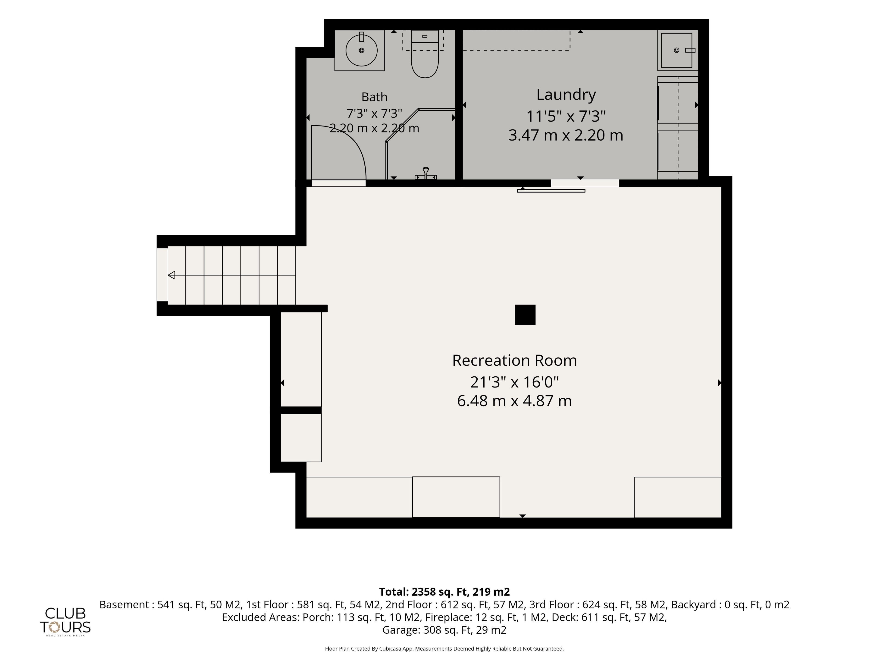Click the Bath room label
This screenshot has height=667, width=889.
point(374,97)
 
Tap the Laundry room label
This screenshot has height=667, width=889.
point(566,94)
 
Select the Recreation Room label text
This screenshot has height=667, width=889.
point(514,360)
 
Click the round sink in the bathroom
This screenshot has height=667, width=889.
point(361,50)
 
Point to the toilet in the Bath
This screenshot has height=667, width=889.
point(425,54)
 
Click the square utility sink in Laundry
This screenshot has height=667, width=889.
point(677,50)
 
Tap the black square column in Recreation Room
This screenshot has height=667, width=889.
point(525,315)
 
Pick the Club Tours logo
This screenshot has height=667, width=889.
point(65,621)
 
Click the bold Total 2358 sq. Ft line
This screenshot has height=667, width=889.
point(444,592)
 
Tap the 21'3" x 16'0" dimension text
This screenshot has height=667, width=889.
point(514,382)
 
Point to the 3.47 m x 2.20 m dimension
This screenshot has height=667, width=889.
point(566,135)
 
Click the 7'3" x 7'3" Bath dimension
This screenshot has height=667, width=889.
point(374,113)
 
